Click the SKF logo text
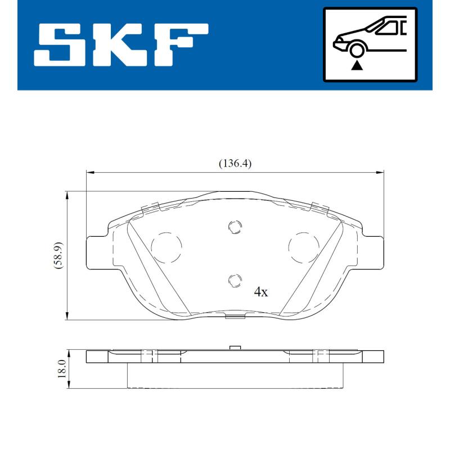120,44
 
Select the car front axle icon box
370,44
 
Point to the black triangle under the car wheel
356,66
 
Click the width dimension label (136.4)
235,164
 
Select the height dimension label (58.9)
58,255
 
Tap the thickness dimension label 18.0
62,370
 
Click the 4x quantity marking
261,292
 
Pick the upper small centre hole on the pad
235,227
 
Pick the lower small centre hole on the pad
235,280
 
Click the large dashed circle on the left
166,246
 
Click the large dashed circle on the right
304,246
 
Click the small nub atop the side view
236,348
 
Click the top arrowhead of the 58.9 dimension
68,195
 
